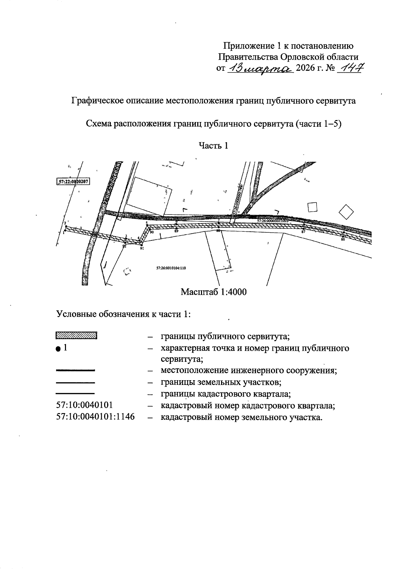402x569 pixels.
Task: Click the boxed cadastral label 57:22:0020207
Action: pos(74,181)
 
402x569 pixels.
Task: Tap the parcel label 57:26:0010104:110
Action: pos(171,268)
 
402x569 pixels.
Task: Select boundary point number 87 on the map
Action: pos(304,229)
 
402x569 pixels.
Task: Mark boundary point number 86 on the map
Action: pos(343,236)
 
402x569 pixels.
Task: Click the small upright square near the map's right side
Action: pos(312,207)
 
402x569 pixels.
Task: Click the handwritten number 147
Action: pos(350,68)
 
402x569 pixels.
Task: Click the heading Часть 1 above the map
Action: pos(213,145)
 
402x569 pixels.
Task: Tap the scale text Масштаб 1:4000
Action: pos(213,292)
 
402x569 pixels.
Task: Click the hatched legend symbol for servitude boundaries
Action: pos(76,335)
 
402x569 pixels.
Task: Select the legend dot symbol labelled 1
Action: pos(58,349)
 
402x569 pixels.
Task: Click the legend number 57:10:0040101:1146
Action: pos(95,417)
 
